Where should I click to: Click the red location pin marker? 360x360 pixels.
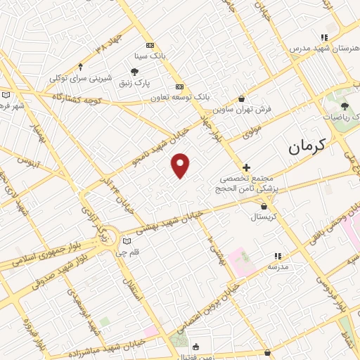point(181,165)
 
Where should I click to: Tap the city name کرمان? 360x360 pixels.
point(308,147)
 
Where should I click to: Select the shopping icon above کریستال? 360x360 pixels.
point(264,206)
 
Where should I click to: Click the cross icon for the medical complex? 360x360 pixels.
point(246,167)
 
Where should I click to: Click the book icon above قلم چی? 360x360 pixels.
point(127,242)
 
